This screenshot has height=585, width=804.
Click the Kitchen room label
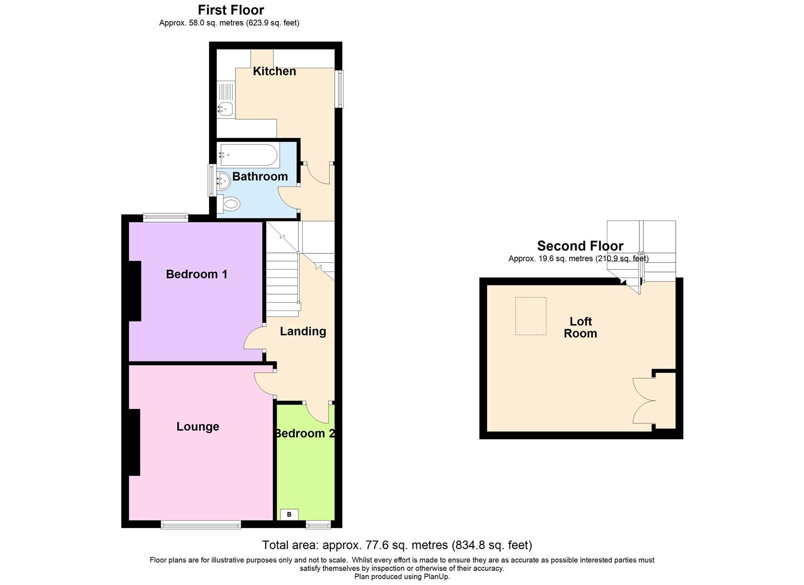(274, 71)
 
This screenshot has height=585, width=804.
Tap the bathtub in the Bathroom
(249, 155)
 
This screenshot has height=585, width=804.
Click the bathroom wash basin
(224, 179)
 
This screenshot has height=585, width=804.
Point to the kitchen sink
(225, 109)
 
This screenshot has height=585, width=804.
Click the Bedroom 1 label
(197, 274)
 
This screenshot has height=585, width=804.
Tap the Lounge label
(198, 427)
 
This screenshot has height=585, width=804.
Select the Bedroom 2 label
(304, 433)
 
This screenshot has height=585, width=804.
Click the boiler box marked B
(289, 515)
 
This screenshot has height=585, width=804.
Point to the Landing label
(303, 331)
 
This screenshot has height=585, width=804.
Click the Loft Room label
(580, 328)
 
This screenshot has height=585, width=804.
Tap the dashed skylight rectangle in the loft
(531, 316)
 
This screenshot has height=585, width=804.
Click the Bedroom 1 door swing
(253, 340)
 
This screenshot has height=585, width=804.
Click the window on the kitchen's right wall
(339, 89)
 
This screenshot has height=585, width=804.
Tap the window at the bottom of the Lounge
(200, 524)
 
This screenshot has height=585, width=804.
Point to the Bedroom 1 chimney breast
(135, 291)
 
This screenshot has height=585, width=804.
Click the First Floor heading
(231, 10)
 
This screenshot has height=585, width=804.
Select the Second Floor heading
(580, 246)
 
